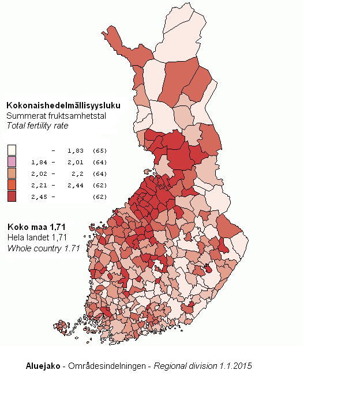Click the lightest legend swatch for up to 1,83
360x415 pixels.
click(x=12, y=150)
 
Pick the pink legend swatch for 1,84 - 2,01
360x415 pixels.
click(x=12, y=162)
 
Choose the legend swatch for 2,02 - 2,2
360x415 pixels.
click(x=12, y=173)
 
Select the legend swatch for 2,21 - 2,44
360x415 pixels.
click(x=12, y=185)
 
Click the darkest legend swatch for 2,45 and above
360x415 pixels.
click(x=12, y=197)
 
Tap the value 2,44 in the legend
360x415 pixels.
click(x=75, y=185)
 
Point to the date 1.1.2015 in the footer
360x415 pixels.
click(x=235, y=366)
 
